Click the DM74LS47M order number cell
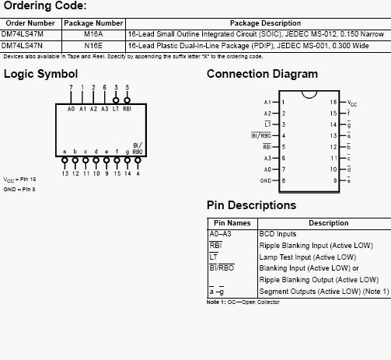[23, 34]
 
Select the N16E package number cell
[93, 46]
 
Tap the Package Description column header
[265, 23]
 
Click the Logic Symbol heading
[40, 74]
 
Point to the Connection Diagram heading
[262, 74]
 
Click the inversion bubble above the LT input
[116, 100]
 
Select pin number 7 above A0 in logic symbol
[71, 87]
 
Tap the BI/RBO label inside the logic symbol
[138, 149]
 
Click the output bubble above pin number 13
[65, 160]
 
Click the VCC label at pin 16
[352, 103]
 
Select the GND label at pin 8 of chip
[266, 180]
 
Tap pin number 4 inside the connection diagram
[284, 136]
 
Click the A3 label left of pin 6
[267, 158]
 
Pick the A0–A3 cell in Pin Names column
[220, 234]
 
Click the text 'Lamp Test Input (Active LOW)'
[308, 257]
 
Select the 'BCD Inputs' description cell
[278, 234]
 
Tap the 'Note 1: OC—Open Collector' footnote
[243, 302]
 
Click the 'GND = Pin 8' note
[19, 190]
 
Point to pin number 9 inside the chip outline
[335, 180]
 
